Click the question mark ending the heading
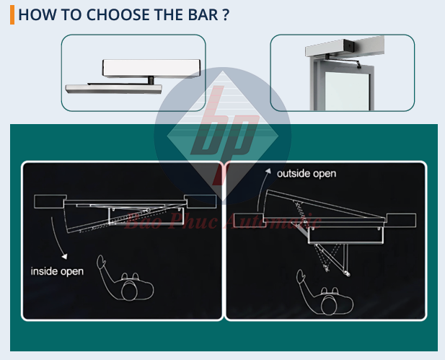coord(226,14)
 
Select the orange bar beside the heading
coord(12,14)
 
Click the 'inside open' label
coord(57,271)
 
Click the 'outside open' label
coord(307,173)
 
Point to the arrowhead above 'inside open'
coord(65,256)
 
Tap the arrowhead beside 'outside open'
coord(268,171)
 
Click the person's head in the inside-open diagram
coord(129,290)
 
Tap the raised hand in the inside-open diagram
coord(101,261)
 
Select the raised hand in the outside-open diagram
coord(301,276)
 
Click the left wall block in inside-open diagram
coord(50,201)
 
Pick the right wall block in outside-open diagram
coord(401,220)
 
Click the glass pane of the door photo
coord(347,91)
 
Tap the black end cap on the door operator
coord(349,45)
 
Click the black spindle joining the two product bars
coord(151,80)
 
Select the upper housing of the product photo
coord(151,68)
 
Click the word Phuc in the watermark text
coord(193,221)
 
